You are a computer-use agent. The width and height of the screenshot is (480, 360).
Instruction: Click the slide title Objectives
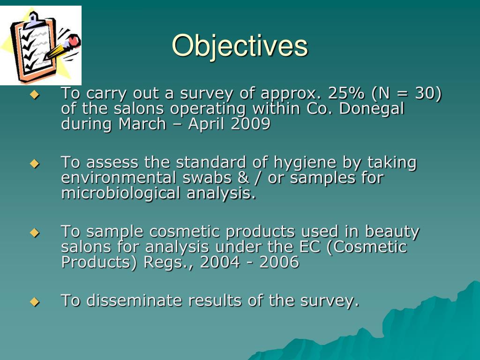coord(240,45)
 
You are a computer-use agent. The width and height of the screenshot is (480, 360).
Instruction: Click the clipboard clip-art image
coord(41,45)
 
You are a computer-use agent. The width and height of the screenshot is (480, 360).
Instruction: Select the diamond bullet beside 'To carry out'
coord(34,95)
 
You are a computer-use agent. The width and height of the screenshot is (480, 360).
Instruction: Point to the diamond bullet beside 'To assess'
coord(34,164)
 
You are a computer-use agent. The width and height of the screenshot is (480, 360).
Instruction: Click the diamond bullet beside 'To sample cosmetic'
coord(34,232)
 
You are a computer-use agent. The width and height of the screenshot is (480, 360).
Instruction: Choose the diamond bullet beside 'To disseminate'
coord(34,301)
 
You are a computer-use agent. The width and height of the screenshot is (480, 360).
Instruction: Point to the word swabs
coord(211,178)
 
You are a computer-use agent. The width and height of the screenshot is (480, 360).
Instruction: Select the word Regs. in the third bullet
coord(169,262)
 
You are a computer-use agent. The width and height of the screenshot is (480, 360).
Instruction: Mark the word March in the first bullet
coord(142,124)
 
